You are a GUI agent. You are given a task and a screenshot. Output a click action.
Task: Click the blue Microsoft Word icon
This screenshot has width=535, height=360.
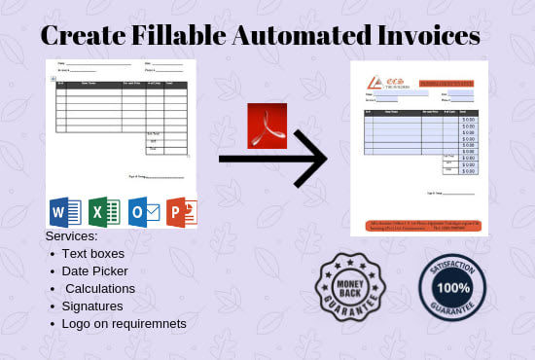(64, 212)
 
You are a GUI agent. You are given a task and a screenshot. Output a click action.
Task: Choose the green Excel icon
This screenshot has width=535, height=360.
(103, 212)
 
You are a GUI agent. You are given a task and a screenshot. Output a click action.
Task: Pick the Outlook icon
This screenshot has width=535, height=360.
(142, 212)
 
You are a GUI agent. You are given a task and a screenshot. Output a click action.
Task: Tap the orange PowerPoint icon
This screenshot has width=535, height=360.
(182, 212)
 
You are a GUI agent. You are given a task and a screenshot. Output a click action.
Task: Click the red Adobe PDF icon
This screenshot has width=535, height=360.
(267, 125)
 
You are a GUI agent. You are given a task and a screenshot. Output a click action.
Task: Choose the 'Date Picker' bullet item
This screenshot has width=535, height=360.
(94, 270)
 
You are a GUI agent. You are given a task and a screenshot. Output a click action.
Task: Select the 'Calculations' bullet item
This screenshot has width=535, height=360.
(100, 288)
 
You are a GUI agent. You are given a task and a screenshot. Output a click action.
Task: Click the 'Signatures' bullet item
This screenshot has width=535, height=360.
(92, 306)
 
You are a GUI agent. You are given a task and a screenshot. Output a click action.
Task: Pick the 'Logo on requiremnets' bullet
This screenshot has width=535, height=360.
(124, 323)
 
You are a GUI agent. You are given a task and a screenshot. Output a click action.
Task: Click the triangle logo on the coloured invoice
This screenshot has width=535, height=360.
(374, 81)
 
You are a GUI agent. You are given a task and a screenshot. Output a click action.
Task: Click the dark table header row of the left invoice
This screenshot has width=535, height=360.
(121, 84)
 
